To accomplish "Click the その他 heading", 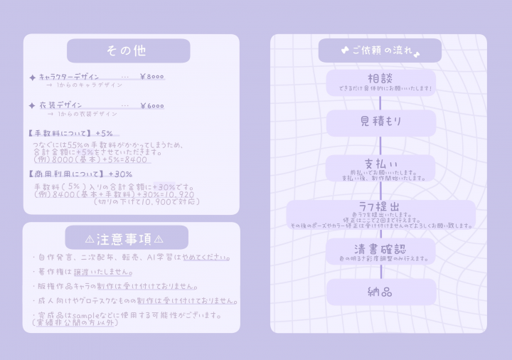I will pyautogui.click(x=128, y=51).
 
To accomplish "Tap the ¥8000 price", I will pyautogui.click(x=151, y=77).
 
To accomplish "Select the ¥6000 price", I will pyautogui.click(x=151, y=106).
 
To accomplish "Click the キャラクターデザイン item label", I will pyautogui.click(x=69, y=77).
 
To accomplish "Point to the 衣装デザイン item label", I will pyautogui.click(x=60, y=105).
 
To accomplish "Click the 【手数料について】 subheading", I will pyautogui.click(x=60, y=133).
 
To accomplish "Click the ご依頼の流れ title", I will pyautogui.click(x=380, y=51).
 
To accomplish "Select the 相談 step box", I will pyautogui.click(x=380, y=83).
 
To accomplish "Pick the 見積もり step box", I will pyautogui.click(x=380, y=123).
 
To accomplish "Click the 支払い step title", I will pyautogui.click(x=380, y=162).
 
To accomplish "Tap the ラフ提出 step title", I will pyautogui.click(x=380, y=206).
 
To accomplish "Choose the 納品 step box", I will pyautogui.click(x=380, y=292).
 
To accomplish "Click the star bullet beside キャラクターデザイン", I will pyautogui.click(x=32, y=77).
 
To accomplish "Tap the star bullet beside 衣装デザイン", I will pyautogui.click(x=32, y=106).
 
